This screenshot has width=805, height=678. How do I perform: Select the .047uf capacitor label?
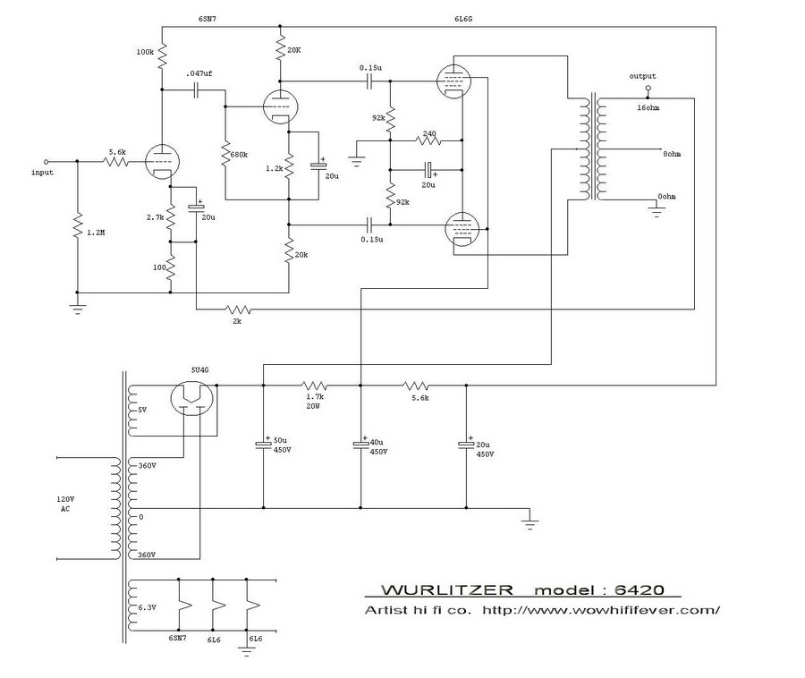(199, 72)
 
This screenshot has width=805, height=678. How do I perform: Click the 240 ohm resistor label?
(429, 133)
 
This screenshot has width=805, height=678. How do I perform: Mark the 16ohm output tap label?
(650, 107)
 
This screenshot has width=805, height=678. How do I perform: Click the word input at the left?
(43, 171)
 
